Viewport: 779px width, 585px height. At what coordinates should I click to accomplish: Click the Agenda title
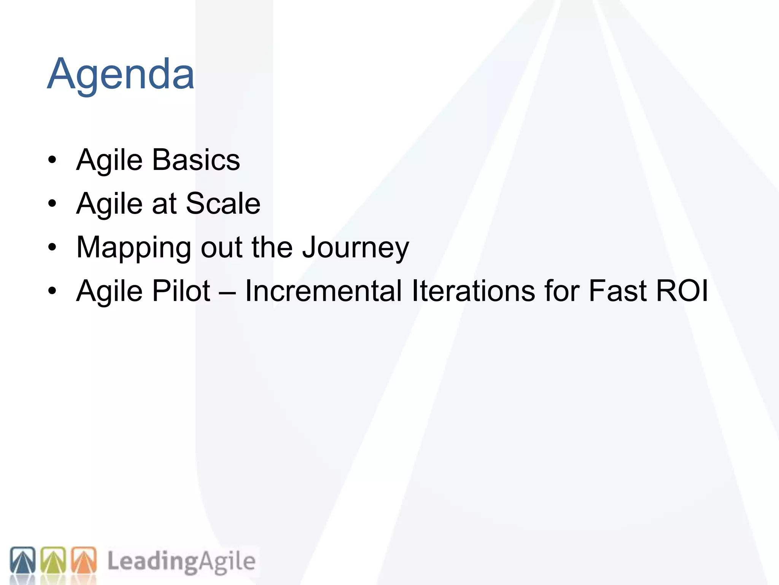coord(121,74)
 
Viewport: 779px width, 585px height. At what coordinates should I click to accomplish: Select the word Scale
coord(223,204)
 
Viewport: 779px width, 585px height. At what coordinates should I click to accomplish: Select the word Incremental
coord(323,291)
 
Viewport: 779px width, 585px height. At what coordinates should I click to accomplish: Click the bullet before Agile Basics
coord(52,160)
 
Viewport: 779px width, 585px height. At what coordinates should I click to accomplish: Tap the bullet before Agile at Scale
coord(52,204)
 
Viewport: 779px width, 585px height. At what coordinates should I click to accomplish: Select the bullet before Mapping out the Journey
coord(52,248)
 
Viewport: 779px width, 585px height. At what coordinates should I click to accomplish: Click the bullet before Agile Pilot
coord(52,291)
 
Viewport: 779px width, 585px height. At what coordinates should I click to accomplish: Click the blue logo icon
coord(23,560)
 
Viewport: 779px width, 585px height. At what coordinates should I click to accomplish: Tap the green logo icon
coord(53,560)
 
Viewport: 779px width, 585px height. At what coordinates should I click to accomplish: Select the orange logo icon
coord(84,560)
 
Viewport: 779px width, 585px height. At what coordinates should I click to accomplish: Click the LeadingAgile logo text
coord(181,561)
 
